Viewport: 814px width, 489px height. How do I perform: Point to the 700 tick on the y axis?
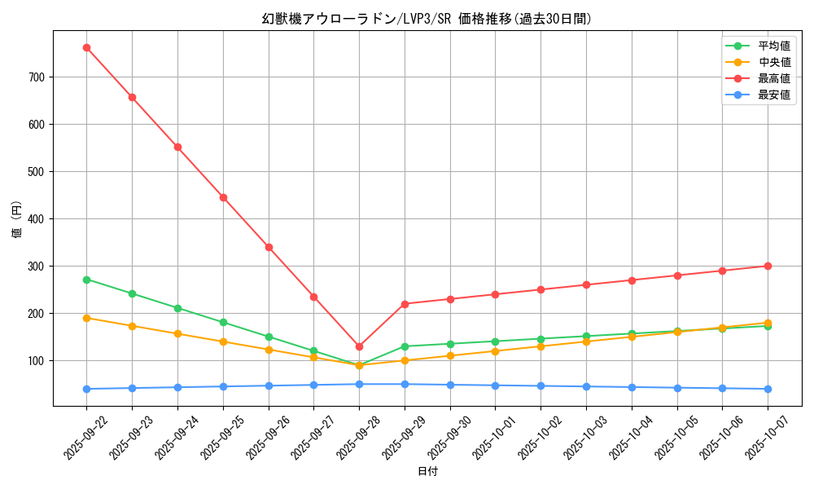[x=38, y=77]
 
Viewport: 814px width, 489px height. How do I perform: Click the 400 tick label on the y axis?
[x=38, y=219]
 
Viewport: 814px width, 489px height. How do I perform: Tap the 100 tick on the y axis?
[x=38, y=361]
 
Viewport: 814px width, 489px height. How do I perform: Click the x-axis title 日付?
[x=427, y=472]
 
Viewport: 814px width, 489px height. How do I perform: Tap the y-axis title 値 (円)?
[x=17, y=219]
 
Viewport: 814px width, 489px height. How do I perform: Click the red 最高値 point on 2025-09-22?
[x=86, y=47]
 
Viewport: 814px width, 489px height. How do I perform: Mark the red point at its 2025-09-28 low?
[x=359, y=346]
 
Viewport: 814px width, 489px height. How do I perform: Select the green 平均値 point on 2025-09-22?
[x=86, y=279]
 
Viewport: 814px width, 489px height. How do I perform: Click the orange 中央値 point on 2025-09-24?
[x=177, y=333]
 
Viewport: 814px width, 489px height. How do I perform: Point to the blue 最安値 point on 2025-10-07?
[x=768, y=389]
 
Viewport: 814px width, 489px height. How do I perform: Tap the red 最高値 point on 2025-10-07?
[x=768, y=266]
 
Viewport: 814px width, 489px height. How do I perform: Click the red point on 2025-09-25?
[x=223, y=197]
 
